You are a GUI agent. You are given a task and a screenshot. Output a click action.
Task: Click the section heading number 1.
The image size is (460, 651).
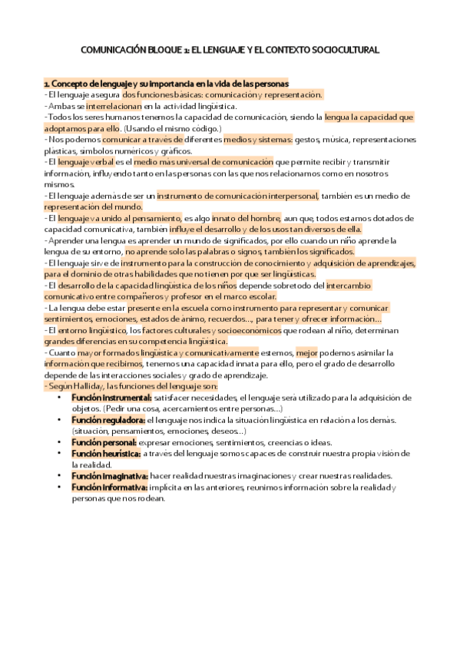coord(46,83)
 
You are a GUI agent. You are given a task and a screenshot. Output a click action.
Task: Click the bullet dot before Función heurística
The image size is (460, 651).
coord(60,454)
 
